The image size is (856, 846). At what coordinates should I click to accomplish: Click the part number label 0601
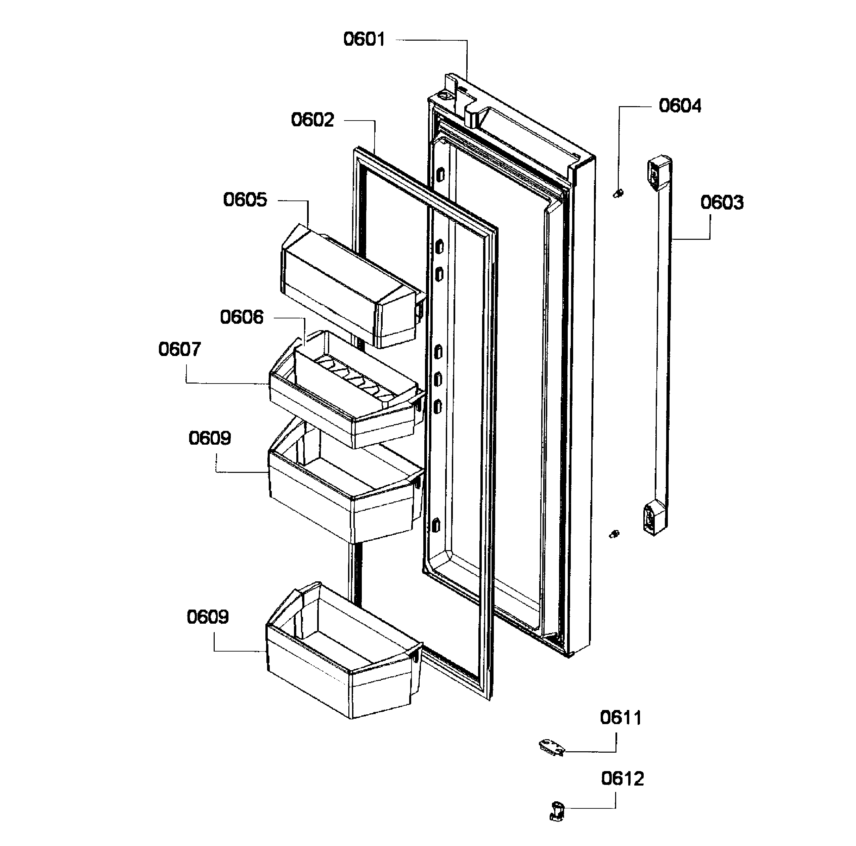(364, 39)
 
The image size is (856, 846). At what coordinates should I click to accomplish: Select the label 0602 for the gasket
(312, 120)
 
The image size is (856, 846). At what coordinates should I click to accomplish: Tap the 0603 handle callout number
(722, 203)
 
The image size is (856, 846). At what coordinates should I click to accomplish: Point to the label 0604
(680, 106)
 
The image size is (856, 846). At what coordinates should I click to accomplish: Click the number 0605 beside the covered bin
(245, 200)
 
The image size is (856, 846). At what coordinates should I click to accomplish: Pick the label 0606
(242, 317)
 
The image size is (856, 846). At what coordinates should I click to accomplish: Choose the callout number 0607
(179, 350)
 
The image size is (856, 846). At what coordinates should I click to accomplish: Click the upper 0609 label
(210, 438)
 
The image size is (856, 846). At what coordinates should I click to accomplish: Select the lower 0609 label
(207, 617)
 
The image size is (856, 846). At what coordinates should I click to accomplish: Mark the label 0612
(623, 779)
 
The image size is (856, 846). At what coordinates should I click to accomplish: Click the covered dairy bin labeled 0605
(350, 288)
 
